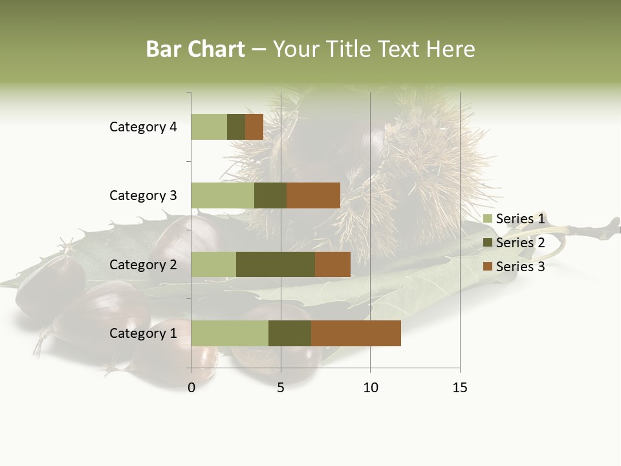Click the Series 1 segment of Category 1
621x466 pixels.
[230, 333]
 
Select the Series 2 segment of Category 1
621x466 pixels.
[290, 333]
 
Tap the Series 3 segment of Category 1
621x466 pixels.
[356, 333]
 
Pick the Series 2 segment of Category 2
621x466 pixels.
[276, 264]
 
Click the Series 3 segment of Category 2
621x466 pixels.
[332, 264]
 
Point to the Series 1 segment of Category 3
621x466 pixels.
[223, 195]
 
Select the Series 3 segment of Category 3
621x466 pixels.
[313, 195]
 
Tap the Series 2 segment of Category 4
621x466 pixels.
[236, 127]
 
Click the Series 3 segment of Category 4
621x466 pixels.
[254, 127]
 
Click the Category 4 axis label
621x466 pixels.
[143, 127]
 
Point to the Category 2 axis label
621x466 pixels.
[143, 264]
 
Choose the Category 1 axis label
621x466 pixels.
[143, 333]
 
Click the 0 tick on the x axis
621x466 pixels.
[191, 388]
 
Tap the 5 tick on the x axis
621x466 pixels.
[281, 388]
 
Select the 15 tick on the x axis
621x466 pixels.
[459, 388]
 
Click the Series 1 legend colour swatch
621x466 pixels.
[488, 219]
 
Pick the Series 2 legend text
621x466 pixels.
[520, 243]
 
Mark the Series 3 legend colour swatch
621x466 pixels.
[488, 267]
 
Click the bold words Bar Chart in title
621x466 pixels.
[195, 49]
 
